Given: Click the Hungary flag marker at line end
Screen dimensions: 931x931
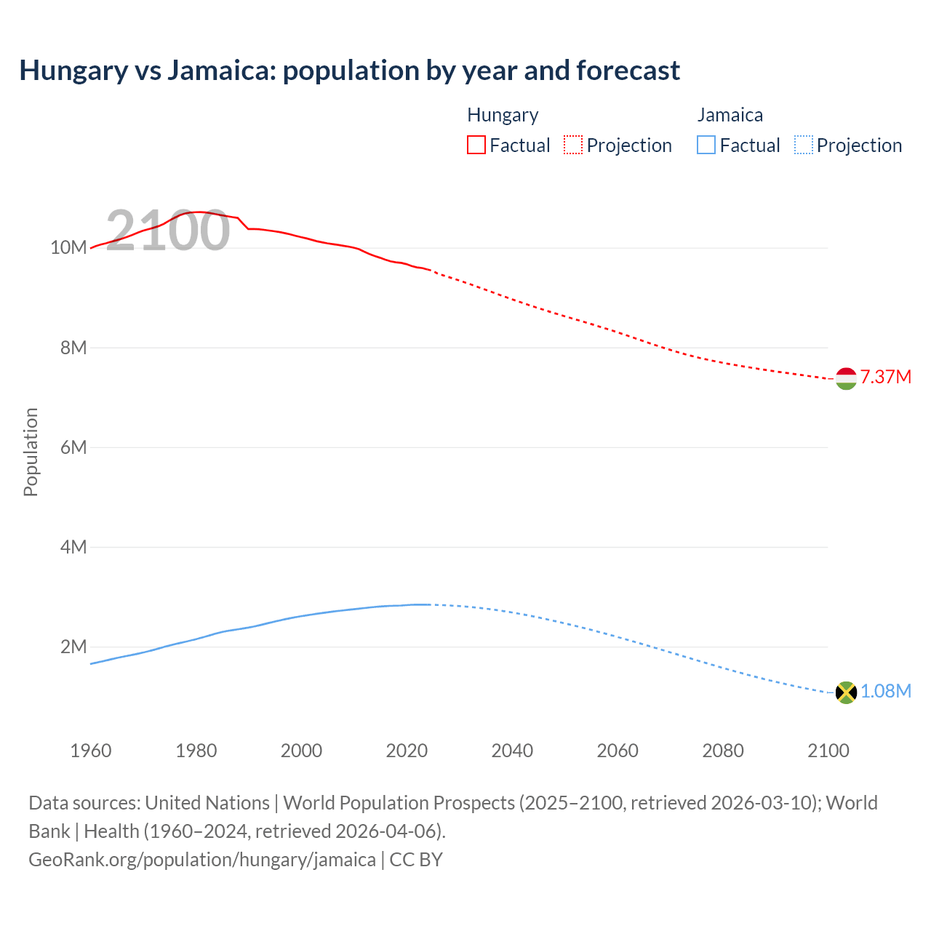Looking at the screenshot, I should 846,378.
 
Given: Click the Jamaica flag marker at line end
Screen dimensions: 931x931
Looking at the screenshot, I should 846,692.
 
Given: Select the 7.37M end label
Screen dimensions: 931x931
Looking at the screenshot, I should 885,377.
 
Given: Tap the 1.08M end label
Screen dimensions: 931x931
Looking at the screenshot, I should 885,691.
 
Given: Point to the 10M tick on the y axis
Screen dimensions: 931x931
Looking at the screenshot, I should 68,248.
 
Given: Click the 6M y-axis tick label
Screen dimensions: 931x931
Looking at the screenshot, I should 73,447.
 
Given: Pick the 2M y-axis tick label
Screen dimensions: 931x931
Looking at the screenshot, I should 73,647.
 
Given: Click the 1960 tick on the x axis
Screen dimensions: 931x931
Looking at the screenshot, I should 91,751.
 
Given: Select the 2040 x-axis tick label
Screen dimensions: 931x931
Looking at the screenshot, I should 512,751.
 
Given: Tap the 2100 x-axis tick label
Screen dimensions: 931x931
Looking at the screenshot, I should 828,751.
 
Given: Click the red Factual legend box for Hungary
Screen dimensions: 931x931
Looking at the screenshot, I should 476,145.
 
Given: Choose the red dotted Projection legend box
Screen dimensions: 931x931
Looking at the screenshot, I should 573,145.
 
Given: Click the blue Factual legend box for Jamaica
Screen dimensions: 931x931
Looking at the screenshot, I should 706,145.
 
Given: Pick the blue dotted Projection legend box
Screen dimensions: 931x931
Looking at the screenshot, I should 804,145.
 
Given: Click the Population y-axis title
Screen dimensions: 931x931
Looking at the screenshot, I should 31,452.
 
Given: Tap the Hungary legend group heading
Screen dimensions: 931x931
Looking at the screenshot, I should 503,115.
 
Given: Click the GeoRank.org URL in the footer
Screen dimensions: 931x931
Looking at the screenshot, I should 202,859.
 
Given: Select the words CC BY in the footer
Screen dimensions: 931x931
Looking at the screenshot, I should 416,859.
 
